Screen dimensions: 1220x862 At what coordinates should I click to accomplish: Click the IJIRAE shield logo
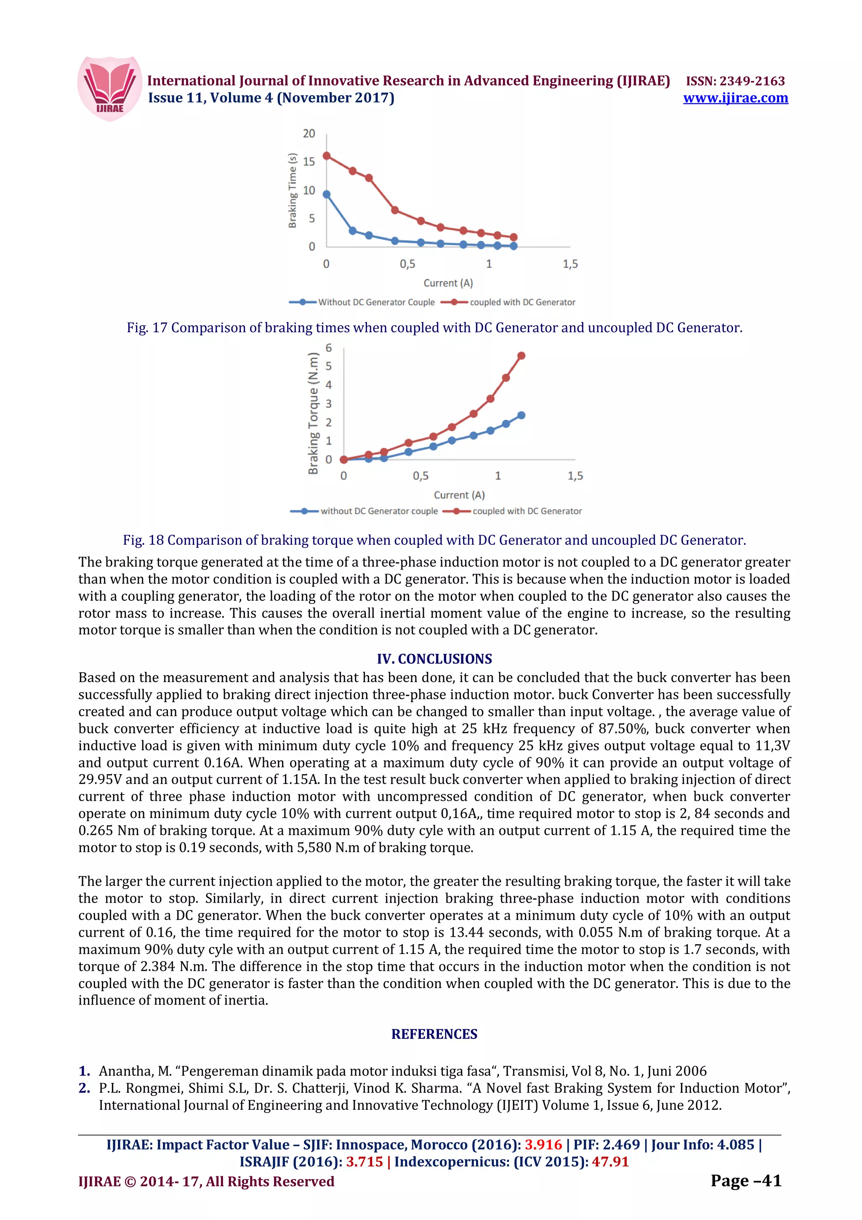pos(110,89)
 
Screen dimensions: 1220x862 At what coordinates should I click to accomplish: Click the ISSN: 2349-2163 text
pos(735,81)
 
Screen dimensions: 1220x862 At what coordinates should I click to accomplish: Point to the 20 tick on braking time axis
pos(309,133)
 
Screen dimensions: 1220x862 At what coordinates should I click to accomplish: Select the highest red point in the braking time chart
pos(327,156)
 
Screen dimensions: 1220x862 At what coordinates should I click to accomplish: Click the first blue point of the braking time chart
pos(327,194)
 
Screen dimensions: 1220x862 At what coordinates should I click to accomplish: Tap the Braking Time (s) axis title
pos(292,190)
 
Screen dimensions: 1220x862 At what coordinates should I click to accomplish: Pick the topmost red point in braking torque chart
pos(521,355)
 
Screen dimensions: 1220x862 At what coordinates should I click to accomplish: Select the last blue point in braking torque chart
pos(521,415)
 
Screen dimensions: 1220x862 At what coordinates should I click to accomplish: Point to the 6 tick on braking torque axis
pos(329,348)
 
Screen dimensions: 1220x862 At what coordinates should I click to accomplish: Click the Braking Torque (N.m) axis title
pos(313,413)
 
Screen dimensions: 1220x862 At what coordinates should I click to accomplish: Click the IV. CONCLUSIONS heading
pos(434,658)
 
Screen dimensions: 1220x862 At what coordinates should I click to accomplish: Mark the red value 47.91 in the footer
pos(610,1161)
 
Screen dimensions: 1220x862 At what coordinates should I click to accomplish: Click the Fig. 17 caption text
pos(434,328)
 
